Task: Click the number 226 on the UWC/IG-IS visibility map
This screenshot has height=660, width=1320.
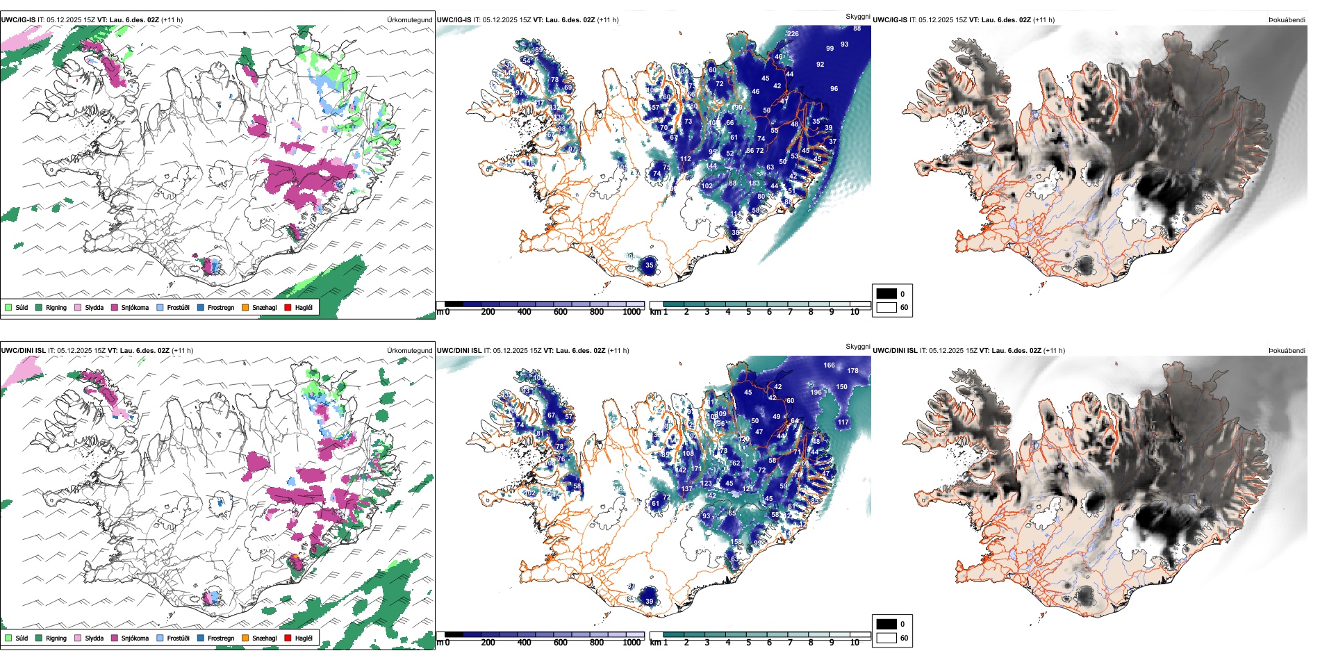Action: [x=793, y=34]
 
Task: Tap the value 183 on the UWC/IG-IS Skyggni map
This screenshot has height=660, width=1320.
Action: [x=754, y=183]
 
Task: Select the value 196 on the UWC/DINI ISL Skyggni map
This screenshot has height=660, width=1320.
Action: [x=816, y=393]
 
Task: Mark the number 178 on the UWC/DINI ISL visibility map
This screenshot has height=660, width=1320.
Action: [x=852, y=371]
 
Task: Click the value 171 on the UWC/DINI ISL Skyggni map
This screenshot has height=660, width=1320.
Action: [x=696, y=469]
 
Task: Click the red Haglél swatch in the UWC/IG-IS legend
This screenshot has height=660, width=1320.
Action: [x=288, y=307]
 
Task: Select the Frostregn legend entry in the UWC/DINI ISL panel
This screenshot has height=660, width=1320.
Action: [x=201, y=638]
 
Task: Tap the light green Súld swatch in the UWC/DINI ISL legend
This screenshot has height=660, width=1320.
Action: [x=8, y=638]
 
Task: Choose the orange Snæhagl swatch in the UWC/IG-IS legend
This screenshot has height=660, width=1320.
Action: [x=245, y=307]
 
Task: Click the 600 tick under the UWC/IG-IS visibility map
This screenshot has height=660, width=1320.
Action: [x=561, y=312]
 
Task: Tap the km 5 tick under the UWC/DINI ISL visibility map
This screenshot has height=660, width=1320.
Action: [x=748, y=643]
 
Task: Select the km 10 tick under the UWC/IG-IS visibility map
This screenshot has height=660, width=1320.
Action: [x=855, y=312]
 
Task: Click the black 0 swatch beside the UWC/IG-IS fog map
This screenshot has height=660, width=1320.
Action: [x=886, y=294]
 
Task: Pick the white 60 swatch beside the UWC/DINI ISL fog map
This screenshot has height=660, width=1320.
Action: [x=886, y=638]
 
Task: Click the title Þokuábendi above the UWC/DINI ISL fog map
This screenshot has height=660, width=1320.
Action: [x=1287, y=351]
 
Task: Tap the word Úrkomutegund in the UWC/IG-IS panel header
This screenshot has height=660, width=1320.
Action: [x=409, y=20]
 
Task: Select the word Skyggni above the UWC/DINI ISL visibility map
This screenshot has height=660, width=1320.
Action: [x=857, y=347]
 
